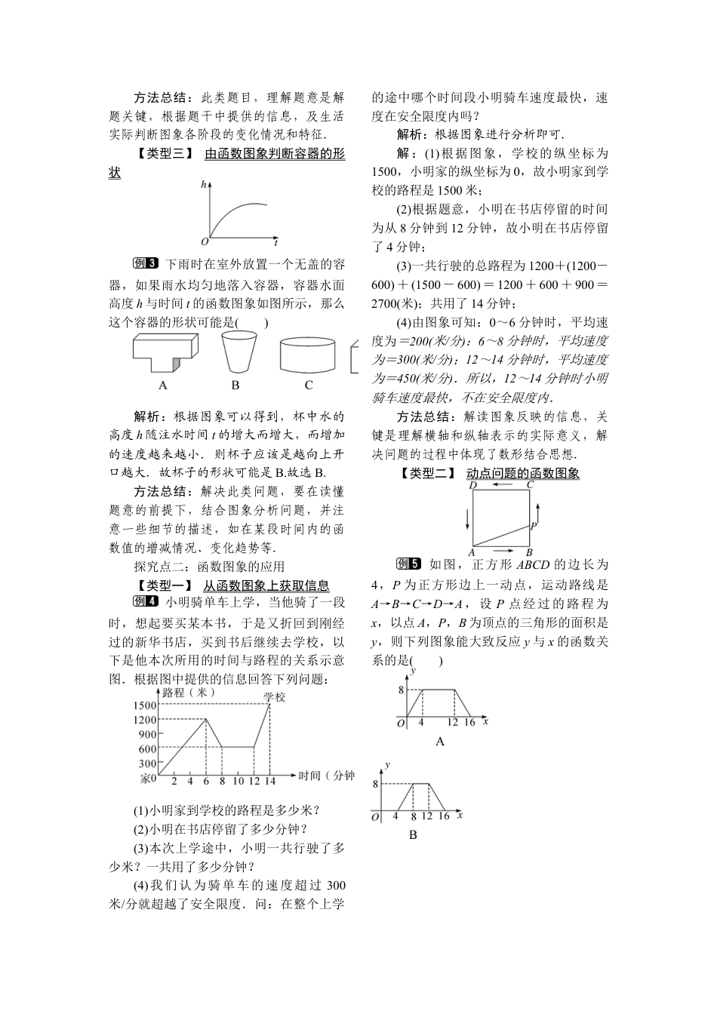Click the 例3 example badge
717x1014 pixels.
coord(144,263)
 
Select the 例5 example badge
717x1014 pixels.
coord(408,564)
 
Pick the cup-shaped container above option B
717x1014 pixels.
coord(238,352)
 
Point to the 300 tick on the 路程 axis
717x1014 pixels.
coord(147,764)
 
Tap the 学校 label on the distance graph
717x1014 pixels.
coord(275,697)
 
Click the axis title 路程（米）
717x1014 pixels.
coord(189,691)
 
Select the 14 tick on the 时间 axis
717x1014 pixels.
coord(269,780)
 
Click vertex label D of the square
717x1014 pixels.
coord(472,485)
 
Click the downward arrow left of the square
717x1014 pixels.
coord(468,518)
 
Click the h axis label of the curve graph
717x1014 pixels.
coord(203,184)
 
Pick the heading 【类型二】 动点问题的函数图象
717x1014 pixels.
coord(491,473)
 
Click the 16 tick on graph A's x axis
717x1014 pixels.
coord(469,722)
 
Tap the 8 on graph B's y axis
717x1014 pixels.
coord(375,784)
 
